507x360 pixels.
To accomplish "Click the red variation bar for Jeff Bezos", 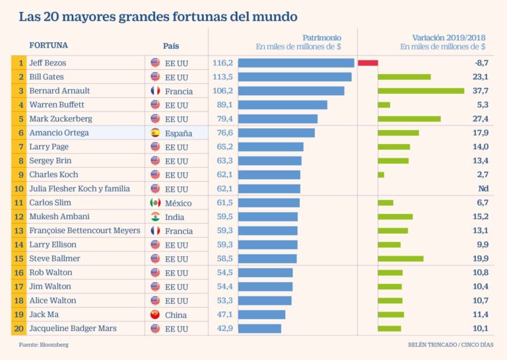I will [368, 63].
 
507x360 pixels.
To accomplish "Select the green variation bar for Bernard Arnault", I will [421, 90].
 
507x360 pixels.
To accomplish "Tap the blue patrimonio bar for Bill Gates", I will [294, 77].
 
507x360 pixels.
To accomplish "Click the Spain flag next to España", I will [155, 133].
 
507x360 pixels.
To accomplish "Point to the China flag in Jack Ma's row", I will [155, 314].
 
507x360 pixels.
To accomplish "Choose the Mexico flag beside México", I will [155, 203].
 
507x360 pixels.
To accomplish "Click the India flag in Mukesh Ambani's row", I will [155, 217].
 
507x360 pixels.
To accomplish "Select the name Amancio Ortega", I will [59, 133].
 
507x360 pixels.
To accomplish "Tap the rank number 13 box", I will [21, 231].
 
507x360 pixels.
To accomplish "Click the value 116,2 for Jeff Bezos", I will [223, 63].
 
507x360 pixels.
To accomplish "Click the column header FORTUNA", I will [48, 46].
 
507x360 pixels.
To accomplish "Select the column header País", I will [171, 46].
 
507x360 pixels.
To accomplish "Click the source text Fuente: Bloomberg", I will [43, 345].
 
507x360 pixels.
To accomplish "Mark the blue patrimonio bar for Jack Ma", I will [261, 314].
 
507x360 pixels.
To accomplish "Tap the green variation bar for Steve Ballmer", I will [400, 258].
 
